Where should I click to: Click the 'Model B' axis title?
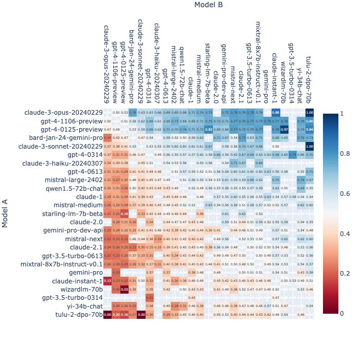click(208, 5)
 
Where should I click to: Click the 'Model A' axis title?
click(5, 213)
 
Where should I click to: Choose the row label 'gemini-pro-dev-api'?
click(73, 230)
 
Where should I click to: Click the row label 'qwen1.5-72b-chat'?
click(75, 188)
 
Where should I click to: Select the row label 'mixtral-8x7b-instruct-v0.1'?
click(62, 264)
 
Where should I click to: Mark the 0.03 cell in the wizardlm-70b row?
click(124, 289)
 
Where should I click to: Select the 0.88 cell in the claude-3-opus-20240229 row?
click(276, 113)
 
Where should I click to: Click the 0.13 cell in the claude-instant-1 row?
click(107, 281)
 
